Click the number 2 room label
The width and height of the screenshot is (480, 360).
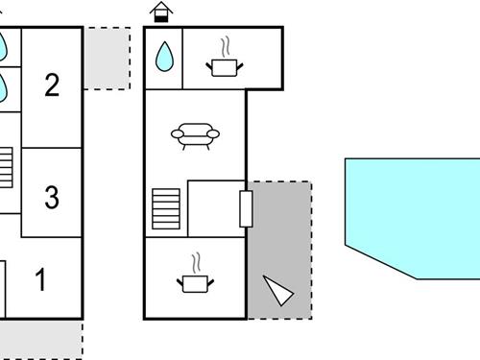[52, 84]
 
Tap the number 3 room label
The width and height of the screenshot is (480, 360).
[52, 198]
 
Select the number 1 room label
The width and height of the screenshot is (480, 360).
[41, 280]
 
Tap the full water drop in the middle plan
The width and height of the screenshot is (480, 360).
[165, 57]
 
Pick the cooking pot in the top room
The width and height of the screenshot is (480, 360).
[224, 65]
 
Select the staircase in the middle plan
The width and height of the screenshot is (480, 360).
[166, 208]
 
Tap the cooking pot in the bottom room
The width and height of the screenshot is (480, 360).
[195, 282]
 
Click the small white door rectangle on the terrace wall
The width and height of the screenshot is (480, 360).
[246, 208]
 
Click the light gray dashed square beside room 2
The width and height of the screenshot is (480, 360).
[107, 59]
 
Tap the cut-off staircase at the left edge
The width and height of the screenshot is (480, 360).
[6, 169]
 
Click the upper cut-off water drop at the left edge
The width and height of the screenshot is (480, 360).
[3, 43]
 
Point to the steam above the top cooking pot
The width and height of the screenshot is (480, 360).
[225, 46]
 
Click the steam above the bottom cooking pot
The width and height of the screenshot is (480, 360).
[195, 262]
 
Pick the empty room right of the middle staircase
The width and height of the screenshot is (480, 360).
[216, 206]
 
